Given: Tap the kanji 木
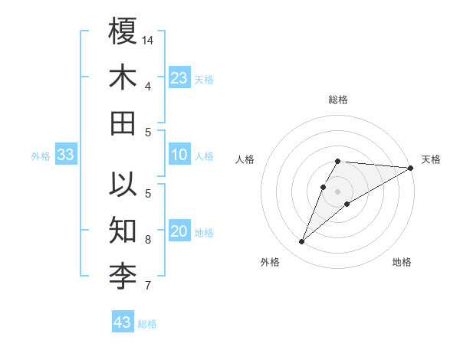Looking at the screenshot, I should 123,77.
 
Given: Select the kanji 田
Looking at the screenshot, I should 123,123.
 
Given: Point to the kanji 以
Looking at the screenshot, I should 123,185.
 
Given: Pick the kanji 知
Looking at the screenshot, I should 123,231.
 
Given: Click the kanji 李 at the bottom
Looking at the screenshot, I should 123,277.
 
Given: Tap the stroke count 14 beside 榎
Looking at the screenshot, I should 149,39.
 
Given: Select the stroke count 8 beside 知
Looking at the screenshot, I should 148,240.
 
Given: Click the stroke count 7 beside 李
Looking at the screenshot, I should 148,286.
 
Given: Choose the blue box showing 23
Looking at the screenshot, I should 179,78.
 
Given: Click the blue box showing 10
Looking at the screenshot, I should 179,155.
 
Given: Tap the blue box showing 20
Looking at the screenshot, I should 179,232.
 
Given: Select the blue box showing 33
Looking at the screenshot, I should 65,155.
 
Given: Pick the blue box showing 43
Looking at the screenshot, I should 122,322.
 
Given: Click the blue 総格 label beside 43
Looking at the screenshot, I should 147,324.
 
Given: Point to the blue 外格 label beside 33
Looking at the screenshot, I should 41,156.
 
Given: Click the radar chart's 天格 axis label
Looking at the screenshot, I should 431,159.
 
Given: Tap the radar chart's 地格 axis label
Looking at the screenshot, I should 402,262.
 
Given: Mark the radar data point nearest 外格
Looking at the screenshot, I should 302,242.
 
